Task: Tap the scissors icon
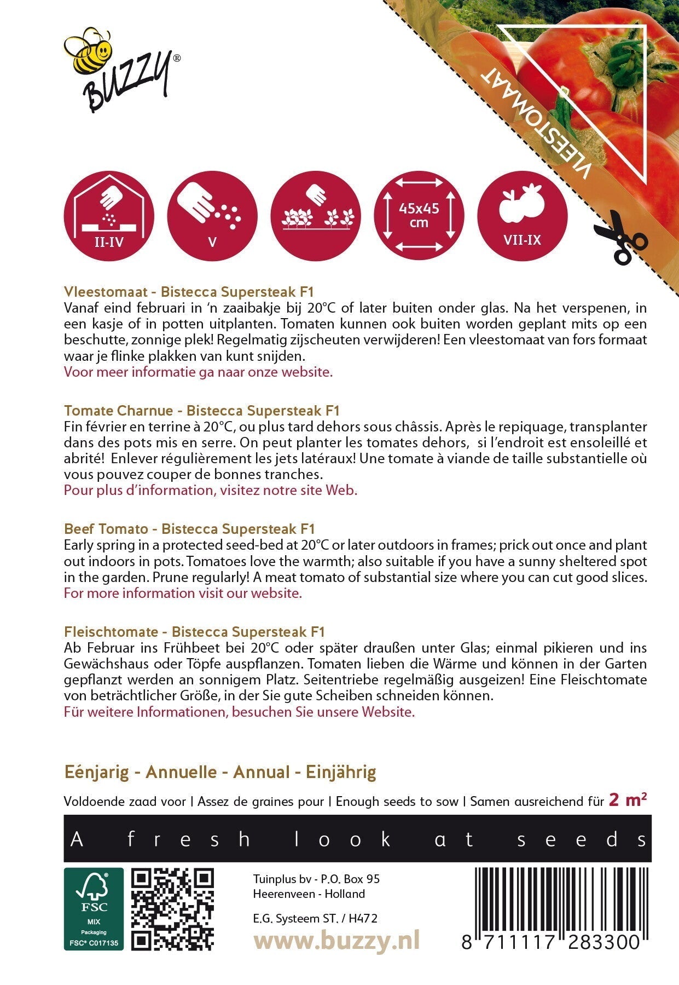pos(620,237)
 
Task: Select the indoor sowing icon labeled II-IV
pos(109,216)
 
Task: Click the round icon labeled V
pos(212,216)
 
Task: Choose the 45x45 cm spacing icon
pos(419,216)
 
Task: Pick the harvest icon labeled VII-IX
pos(522,216)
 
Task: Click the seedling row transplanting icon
pos(316,216)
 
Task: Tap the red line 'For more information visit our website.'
pos(183,593)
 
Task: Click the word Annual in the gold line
pos(261,772)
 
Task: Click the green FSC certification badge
pos(94,908)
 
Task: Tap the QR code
pos(173,908)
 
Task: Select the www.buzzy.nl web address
pos(336,941)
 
